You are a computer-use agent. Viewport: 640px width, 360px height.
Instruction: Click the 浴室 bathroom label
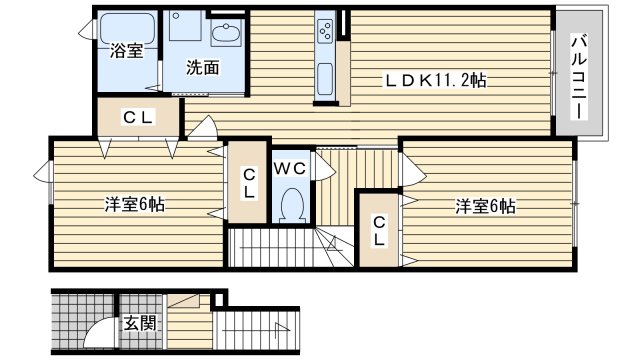click(x=127, y=51)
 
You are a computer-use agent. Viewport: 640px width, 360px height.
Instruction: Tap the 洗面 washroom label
click(x=203, y=68)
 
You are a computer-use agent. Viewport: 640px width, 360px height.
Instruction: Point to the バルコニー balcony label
click(x=579, y=78)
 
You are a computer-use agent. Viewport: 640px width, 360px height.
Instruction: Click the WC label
click(x=290, y=168)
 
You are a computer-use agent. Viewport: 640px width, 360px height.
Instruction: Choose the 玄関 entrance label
click(x=140, y=323)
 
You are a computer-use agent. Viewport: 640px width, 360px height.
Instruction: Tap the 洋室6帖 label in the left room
click(x=135, y=204)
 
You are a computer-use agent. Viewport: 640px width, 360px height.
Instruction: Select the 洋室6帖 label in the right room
click(x=485, y=206)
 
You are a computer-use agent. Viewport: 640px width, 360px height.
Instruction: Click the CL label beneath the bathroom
click(x=138, y=118)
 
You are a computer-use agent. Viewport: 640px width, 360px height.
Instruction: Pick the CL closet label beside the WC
click(x=249, y=184)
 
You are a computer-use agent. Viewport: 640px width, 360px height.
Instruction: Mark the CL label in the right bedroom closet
click(x=379, y=231)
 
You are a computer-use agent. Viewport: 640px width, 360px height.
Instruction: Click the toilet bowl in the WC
click(x=292, y=205)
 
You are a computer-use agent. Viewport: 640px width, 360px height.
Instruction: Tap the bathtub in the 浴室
click(x=128, y=28)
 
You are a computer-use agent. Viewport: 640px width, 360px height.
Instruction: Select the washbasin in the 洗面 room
click(x=227, y=32)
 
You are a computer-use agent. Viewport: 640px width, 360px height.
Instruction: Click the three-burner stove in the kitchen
click(x=325, y=30)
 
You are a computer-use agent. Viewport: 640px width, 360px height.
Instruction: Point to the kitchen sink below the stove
click(x=325, y=79)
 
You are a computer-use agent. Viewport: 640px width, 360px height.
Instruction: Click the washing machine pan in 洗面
click(x=185, y=26)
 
